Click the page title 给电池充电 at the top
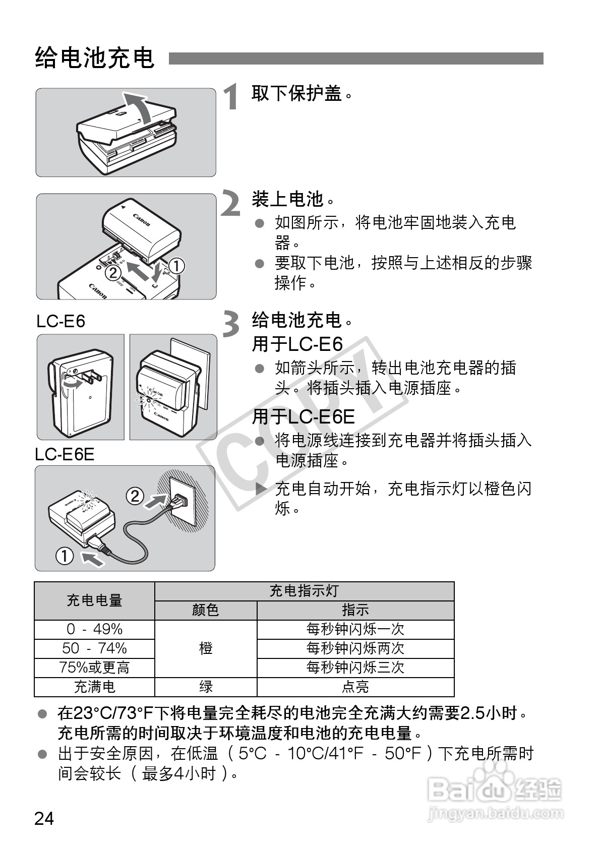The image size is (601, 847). point(95,58)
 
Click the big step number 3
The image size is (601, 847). point(231,324)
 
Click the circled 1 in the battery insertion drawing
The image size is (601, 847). point(176,266)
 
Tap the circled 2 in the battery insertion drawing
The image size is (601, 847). point(113,273)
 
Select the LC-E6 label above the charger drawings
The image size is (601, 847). point(61,321)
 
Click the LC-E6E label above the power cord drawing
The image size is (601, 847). point(65,454)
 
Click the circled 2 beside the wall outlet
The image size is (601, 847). point(135,496)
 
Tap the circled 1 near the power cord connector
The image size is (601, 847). point(65,557)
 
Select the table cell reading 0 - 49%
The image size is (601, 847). point(94,629)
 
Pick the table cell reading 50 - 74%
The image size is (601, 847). point(94,648)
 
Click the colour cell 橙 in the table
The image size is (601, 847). point(206,648)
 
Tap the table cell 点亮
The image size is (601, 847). point(355,687)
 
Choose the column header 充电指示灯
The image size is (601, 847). point(304,591)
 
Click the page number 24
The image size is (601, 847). point(44,818)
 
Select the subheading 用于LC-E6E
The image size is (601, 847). point(303,416)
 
